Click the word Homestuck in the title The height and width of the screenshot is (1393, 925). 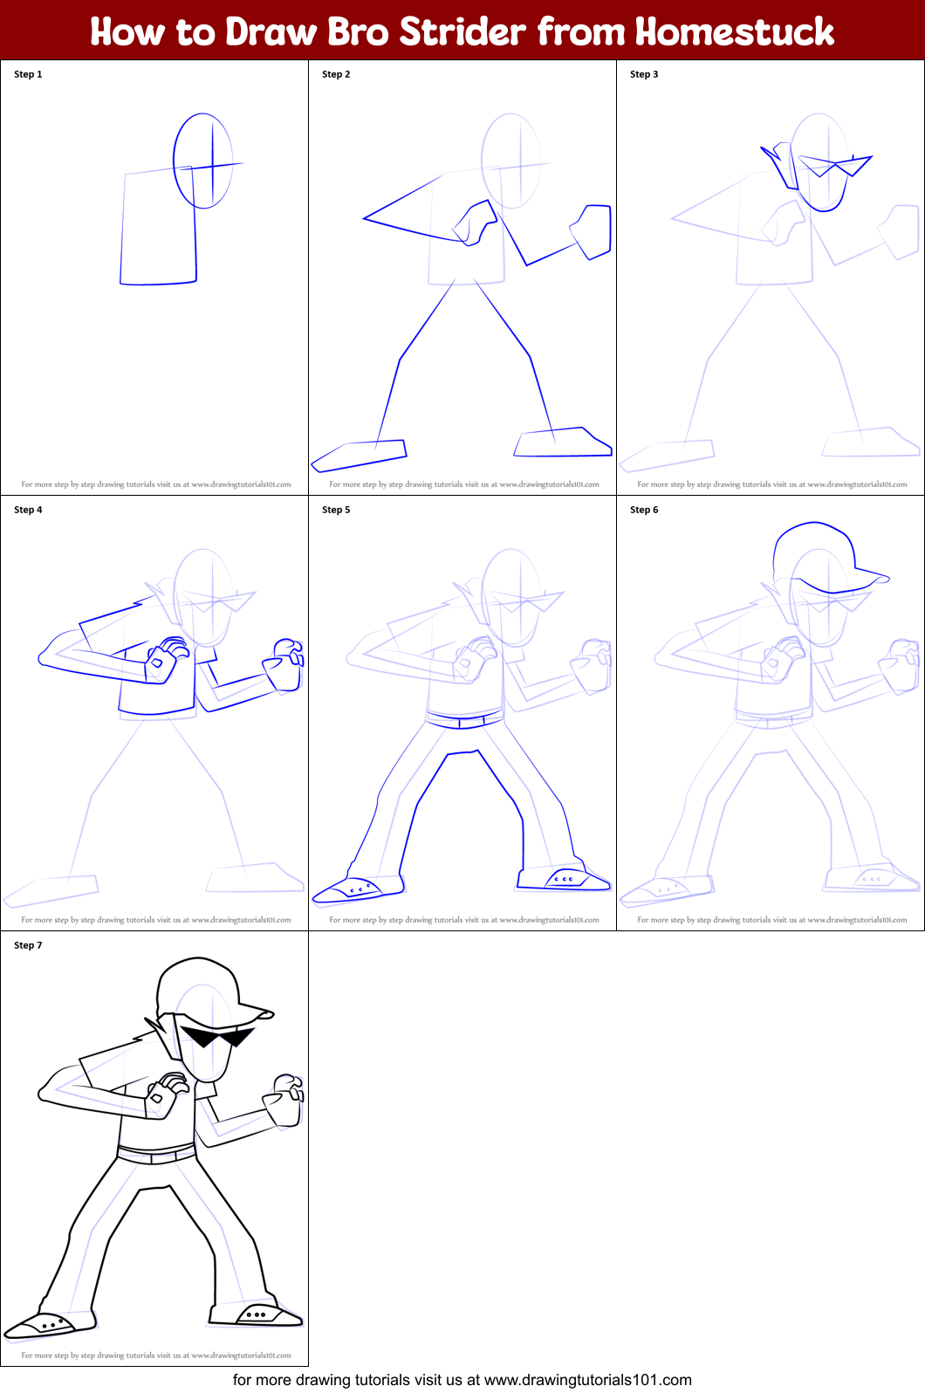tap(734, 31)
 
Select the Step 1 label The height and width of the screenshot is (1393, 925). tap(28, 74)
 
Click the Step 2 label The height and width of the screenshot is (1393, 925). tap(336, 74)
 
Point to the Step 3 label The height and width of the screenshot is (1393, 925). tap(644, 74)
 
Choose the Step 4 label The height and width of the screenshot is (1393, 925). tap(28, 510)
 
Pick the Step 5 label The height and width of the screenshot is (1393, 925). tap(336, 510)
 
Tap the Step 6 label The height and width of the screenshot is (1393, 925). tap(644, 510)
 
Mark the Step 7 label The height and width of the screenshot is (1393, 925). tap(28, 945)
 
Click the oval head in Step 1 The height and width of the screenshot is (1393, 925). tap(203, 161)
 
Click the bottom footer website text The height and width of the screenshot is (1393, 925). tap(462, 1380)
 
